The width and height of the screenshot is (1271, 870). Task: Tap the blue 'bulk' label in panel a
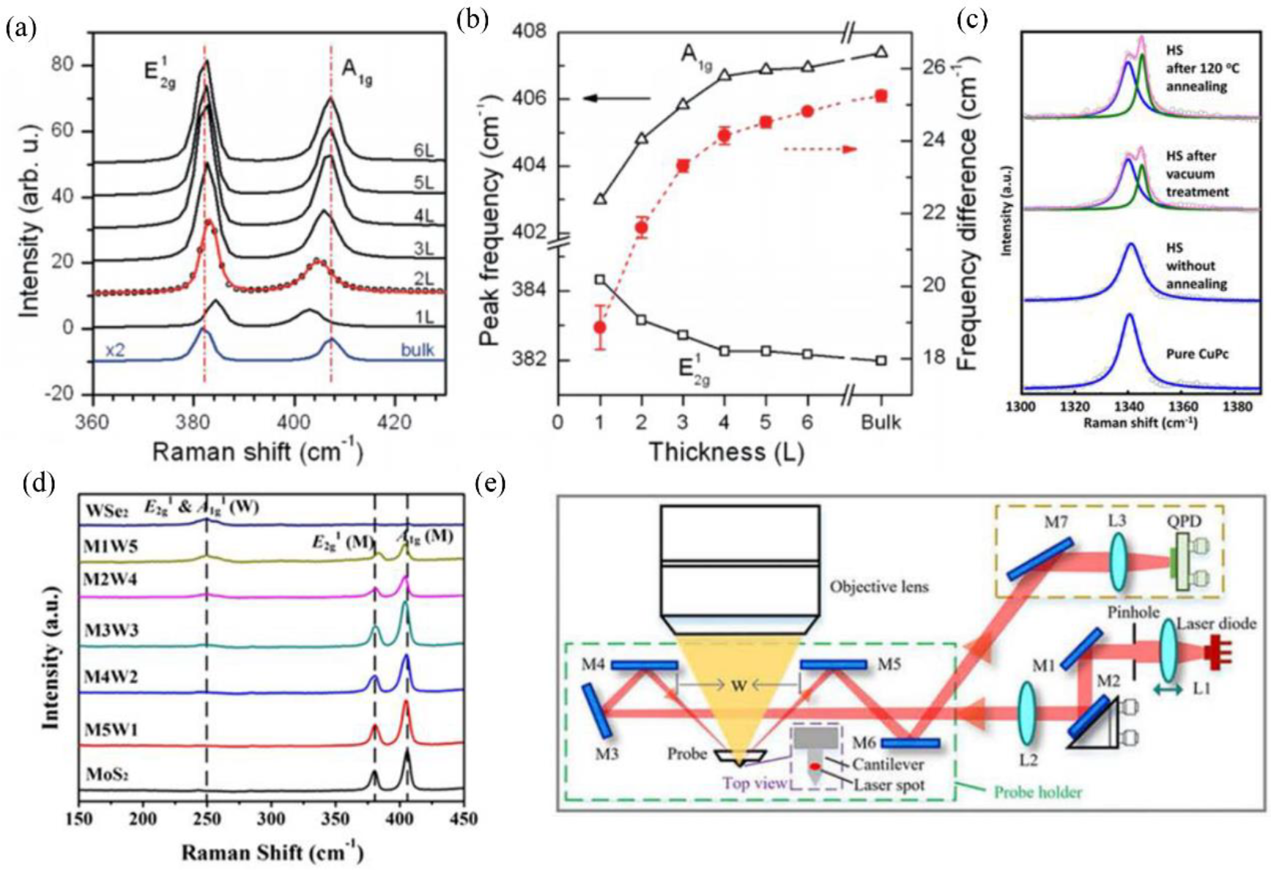418,350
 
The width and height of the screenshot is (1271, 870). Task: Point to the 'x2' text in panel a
114,350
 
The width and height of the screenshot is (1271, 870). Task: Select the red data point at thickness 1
600,327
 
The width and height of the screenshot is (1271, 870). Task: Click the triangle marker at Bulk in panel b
881,51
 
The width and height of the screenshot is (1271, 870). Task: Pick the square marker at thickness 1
600,279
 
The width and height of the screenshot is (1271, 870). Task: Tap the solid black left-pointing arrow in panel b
616,98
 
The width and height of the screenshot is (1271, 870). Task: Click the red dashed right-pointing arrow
820,149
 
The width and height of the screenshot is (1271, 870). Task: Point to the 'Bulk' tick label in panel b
881,423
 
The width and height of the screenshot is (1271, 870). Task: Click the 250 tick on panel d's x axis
207,818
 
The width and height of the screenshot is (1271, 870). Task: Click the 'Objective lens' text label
879,587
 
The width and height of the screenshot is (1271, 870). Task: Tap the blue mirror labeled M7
1040,559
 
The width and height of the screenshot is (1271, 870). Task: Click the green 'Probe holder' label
1037,792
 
